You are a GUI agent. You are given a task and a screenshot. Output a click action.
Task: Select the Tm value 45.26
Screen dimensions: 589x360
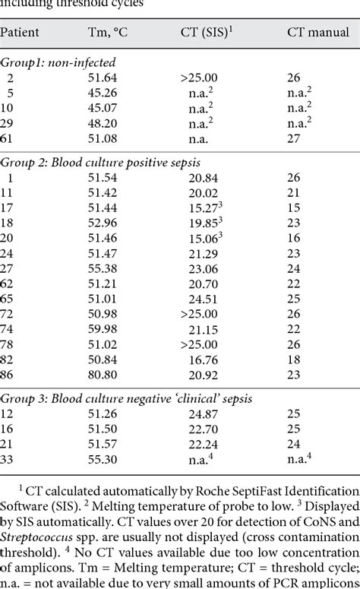108,93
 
